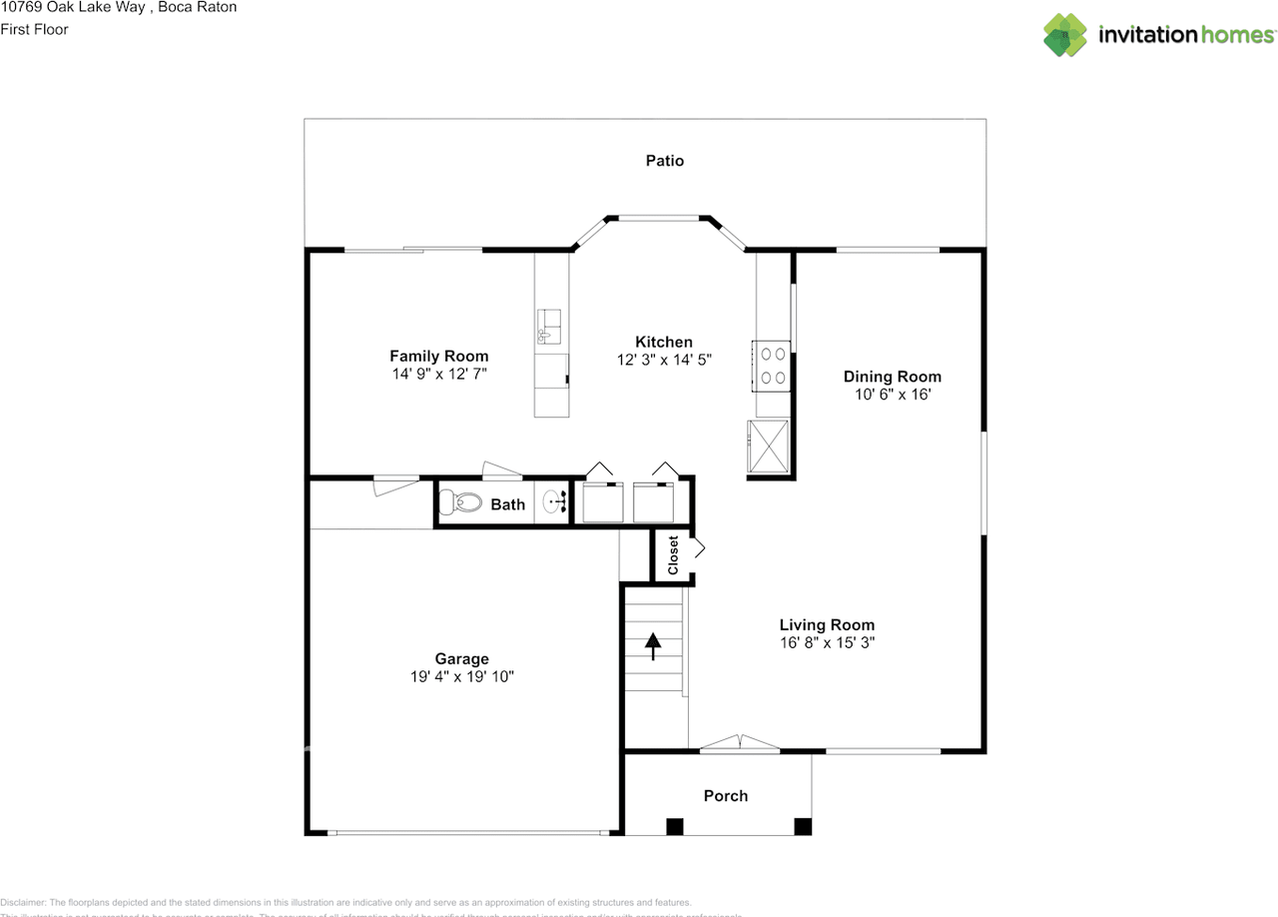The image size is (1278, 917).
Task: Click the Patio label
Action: coord(664,161)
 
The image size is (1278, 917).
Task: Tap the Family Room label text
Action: coord(438,357)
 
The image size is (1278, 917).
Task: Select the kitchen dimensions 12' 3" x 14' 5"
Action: coord(664,361)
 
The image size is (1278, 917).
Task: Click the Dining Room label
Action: coord(892,377)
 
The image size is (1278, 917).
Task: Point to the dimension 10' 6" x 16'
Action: coord(892,395)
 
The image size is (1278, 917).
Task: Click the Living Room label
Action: coord(827,625)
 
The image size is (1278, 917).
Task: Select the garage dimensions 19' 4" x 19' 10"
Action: coord(461,676)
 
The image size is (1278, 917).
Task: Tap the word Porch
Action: coord(725,796)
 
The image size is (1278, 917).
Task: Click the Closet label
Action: coord(673,556)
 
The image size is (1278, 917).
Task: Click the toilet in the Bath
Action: coord(460,502)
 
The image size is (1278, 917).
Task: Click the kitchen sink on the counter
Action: coord(549,327)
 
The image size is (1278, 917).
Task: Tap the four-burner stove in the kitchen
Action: coord(772,365)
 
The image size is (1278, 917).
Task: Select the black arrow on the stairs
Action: coord(653,646)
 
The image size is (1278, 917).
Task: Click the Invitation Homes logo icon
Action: coord(1064,35)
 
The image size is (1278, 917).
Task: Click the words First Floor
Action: coord(35,29)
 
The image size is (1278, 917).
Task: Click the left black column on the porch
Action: coord(676,826)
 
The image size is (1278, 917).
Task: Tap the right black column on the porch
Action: coord(803,826)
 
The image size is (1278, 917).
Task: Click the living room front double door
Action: coord(739,743)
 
